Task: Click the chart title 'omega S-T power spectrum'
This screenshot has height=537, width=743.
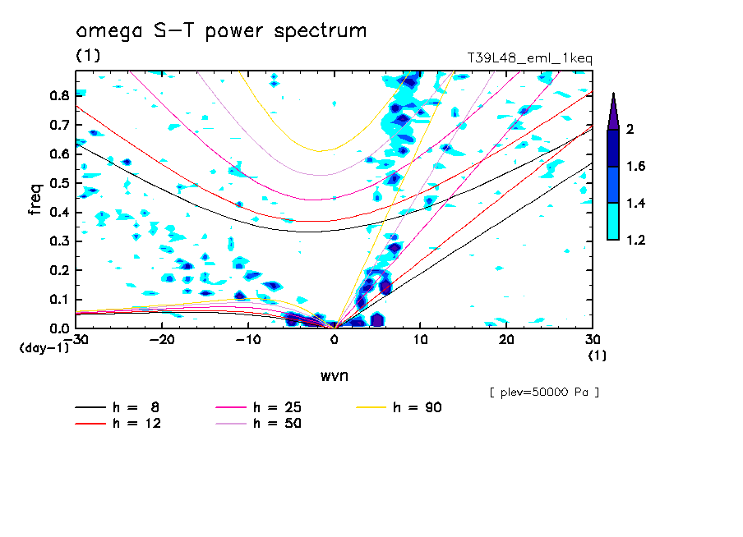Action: pyautogui.click(x=221, y=31)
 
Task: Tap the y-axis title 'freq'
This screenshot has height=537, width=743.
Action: pyautogui.click(x=35, y=199)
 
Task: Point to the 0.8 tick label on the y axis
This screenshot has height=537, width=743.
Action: pyautogui.click(x=58, y=95)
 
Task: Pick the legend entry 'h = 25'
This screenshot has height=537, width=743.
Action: pyautogui.click(x=277, y=407)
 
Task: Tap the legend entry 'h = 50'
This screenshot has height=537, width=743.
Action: pyautogui.click(x=277, y=424)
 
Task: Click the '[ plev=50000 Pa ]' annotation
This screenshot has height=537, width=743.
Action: pyautogui.click(x=543, y=392)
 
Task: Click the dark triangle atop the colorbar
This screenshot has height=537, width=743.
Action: pyautogui.click(x=612, y=111)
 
